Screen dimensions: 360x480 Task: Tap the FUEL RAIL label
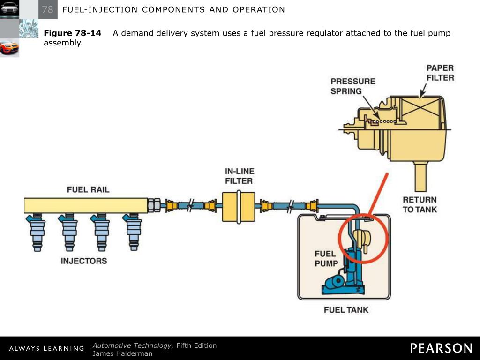88,189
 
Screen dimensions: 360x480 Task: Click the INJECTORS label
84,261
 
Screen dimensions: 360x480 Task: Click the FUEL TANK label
346,309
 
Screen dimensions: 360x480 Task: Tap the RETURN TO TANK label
420,204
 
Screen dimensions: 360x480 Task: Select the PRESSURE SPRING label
353,86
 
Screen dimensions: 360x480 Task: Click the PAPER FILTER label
440,73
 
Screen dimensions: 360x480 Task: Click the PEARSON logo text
441,348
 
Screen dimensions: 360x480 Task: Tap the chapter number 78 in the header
47,9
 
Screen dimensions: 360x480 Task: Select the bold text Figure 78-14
73,33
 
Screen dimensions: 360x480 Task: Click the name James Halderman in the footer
122,353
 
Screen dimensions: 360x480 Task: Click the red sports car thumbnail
9,47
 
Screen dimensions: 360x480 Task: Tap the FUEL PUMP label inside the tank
326,259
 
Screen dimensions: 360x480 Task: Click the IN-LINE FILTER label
239,176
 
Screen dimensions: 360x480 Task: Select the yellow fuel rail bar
87,205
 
